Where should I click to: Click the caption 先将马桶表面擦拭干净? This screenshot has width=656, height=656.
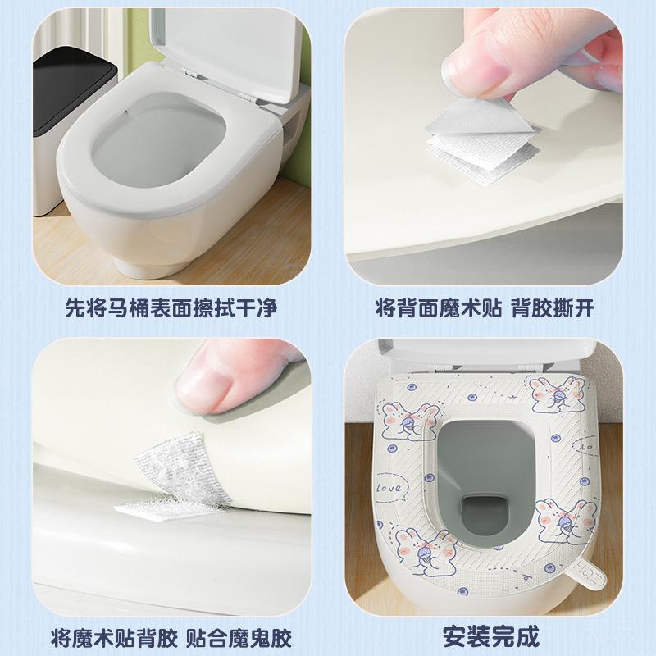(171, 308)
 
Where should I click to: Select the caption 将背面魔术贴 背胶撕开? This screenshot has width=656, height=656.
(484, 308)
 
